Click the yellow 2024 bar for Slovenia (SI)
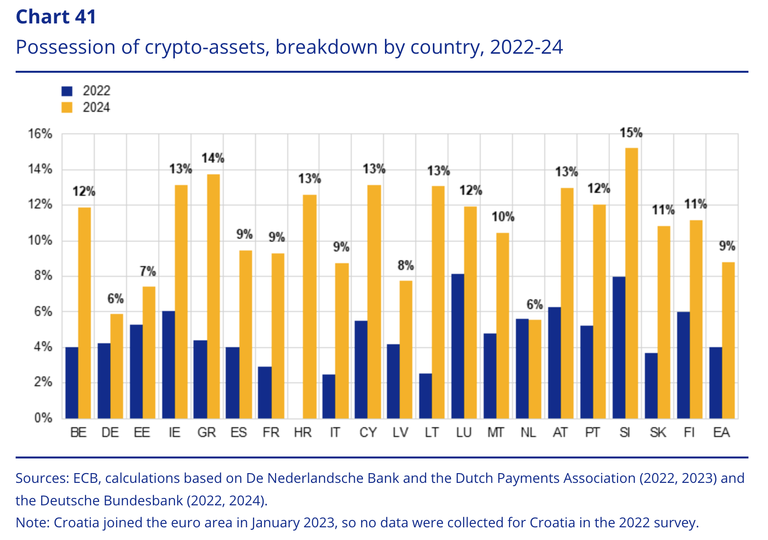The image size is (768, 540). coord(631,283)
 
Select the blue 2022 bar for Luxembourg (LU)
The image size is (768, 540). coord(458,346)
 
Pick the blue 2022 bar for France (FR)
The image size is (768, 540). coord(265,393)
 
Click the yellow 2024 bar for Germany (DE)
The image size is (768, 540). coord(117,366)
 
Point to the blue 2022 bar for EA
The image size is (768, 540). coord(715,383)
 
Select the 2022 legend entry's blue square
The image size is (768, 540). coord(67,91)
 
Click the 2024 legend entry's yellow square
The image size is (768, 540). coord(67,107)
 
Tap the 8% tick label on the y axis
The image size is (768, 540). coord(43,276)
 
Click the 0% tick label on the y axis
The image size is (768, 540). coord(43,418)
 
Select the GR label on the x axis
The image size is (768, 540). coord(207,433)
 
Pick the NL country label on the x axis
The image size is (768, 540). coord(528,433)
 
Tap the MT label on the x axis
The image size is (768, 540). coord(496,433)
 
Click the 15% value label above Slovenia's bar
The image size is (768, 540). coord(631,133)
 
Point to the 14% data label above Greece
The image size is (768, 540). coord(213,158)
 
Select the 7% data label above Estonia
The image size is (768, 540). coord(148,271)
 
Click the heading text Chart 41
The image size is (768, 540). coord(56,17)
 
